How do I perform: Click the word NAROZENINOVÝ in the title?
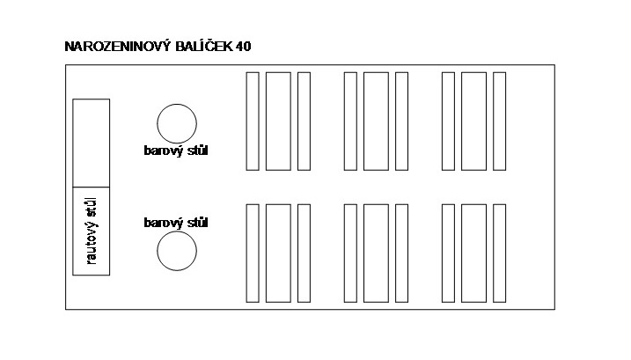click(x=118, y=46)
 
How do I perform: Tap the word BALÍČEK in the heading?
click(x=204, y=46)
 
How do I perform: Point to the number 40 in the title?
click(x=244, y=47)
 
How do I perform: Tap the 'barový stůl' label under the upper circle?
click(x=176, y=151)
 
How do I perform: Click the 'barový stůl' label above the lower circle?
click(x=176, y=223)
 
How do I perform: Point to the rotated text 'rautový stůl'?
click(x=92, y=231)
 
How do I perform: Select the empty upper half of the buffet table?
click(x=91, y=143)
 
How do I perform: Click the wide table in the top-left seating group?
click(x=278, y=121)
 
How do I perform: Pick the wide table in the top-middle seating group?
click(x=376, y=121)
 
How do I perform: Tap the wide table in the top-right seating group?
click(x=473, y=121)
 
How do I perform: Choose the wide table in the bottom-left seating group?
click(x=278, y=253)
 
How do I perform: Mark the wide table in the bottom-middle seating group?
click(x=376, y=253)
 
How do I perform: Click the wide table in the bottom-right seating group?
click(x=473, y=253)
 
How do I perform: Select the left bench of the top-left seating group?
click(x=253, y=121)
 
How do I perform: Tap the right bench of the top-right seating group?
click(x=499, y=121)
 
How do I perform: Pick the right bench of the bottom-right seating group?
click(x=499, y=253)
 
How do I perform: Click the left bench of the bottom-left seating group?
click(x=253, y=253)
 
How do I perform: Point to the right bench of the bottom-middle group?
click(x=401, y=253)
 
